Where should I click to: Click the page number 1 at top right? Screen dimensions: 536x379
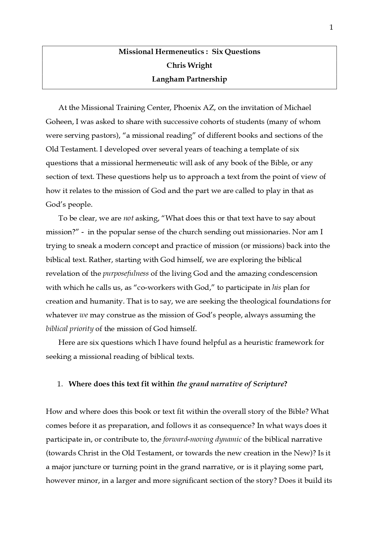(x=331, y=28)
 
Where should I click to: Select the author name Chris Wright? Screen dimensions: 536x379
(x=189, y=65)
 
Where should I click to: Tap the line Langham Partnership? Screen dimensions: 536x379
(x=189, y=79)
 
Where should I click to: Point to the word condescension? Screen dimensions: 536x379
(x=293, y=273)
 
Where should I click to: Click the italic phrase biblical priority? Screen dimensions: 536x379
(x=69, y=329)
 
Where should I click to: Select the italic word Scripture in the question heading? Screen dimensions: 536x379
(x=268, y=384)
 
